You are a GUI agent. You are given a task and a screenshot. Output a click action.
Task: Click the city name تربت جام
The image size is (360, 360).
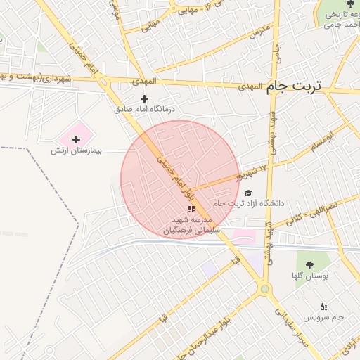pyautogui.click(x=293, y=87)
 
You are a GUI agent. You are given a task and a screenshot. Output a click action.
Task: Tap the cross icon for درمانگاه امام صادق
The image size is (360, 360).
pyautogui.click(x=145, y=98)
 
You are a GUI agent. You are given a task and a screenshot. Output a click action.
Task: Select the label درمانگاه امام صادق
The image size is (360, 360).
pyautogui.click(x=146, y=110)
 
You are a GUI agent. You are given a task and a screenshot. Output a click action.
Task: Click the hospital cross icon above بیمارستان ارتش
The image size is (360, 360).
pyautogui.click(x=76, y=140)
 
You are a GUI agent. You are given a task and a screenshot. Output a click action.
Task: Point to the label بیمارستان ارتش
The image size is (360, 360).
pyautogui.click(x=76, y=151)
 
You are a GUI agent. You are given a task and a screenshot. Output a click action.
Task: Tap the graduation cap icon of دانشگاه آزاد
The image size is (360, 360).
pyautogui.click(x=247, y=193)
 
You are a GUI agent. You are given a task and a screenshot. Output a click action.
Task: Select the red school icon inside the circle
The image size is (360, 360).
pyautogui.click(x=192, y=209)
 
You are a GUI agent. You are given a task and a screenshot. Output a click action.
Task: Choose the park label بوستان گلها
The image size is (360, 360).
pyautogui.click(x=310, y=276)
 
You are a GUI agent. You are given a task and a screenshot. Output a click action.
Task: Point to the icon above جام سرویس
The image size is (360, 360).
pyautogui.click(x=323, y=307)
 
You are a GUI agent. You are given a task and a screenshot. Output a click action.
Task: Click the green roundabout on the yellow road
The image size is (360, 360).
pyautogui.click(x=264, y=288)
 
